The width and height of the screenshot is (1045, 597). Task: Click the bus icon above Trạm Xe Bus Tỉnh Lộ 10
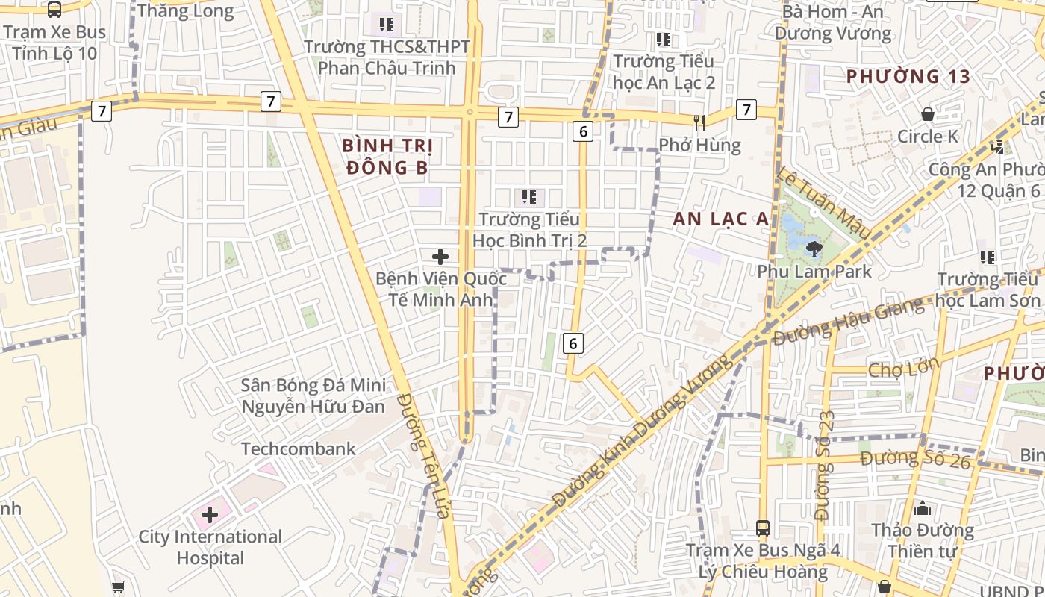tap(54, 10)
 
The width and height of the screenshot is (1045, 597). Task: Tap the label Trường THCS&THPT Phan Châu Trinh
tap(387, 57)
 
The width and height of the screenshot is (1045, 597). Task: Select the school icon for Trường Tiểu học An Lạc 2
tap(663, 40)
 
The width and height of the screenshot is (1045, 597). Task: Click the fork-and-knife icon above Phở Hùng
tap(699, 122)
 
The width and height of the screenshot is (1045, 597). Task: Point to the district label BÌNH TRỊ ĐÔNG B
tap(387, 156)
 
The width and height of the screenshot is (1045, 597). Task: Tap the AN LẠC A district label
tap(720, 219)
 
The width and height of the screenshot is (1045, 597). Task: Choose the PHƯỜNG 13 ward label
tap(908, 76)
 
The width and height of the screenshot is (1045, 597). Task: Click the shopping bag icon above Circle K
tap(928, 114)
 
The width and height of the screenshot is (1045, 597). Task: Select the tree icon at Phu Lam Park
tap(814, 249)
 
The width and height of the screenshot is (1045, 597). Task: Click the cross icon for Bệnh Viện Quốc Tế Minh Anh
tap(440, 257)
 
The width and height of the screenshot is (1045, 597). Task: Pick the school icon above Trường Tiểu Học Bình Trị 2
tap(529, 197)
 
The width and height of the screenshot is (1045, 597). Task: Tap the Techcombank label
tap(299, 449)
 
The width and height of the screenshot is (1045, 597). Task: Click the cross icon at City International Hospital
tap(210, 515)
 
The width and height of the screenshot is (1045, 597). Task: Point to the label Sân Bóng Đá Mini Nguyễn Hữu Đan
tap(313, 396)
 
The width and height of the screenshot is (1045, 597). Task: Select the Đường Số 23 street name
tap(823, 466)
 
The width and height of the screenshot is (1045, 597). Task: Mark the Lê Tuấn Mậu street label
tap(824, 203)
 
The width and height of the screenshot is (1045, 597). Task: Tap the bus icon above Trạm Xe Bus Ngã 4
tap(763, 528)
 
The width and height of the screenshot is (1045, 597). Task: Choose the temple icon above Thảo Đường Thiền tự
tap(923, 509)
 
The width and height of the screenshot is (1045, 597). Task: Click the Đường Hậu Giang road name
tap(848, 322)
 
